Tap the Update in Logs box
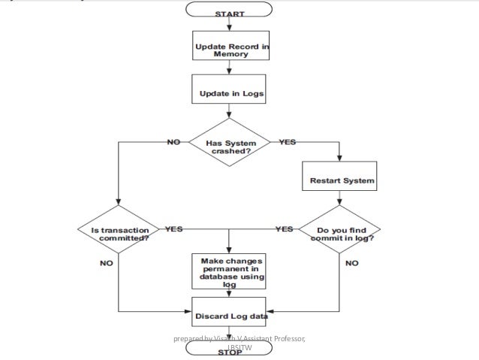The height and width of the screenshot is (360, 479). (228, 94)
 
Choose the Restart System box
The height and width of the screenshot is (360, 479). (342, 181)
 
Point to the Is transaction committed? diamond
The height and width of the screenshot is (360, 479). (119, 233)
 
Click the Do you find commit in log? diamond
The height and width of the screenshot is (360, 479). (342, 233)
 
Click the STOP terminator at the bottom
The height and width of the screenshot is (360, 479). (228, 352)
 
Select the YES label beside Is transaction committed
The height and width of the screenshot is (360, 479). (173, 228)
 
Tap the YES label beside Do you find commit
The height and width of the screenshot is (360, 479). (284, 228)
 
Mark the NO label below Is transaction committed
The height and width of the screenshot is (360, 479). (107, 264)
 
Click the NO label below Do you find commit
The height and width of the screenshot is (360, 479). (351, 264)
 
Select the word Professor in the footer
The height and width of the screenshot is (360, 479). (286, 339)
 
